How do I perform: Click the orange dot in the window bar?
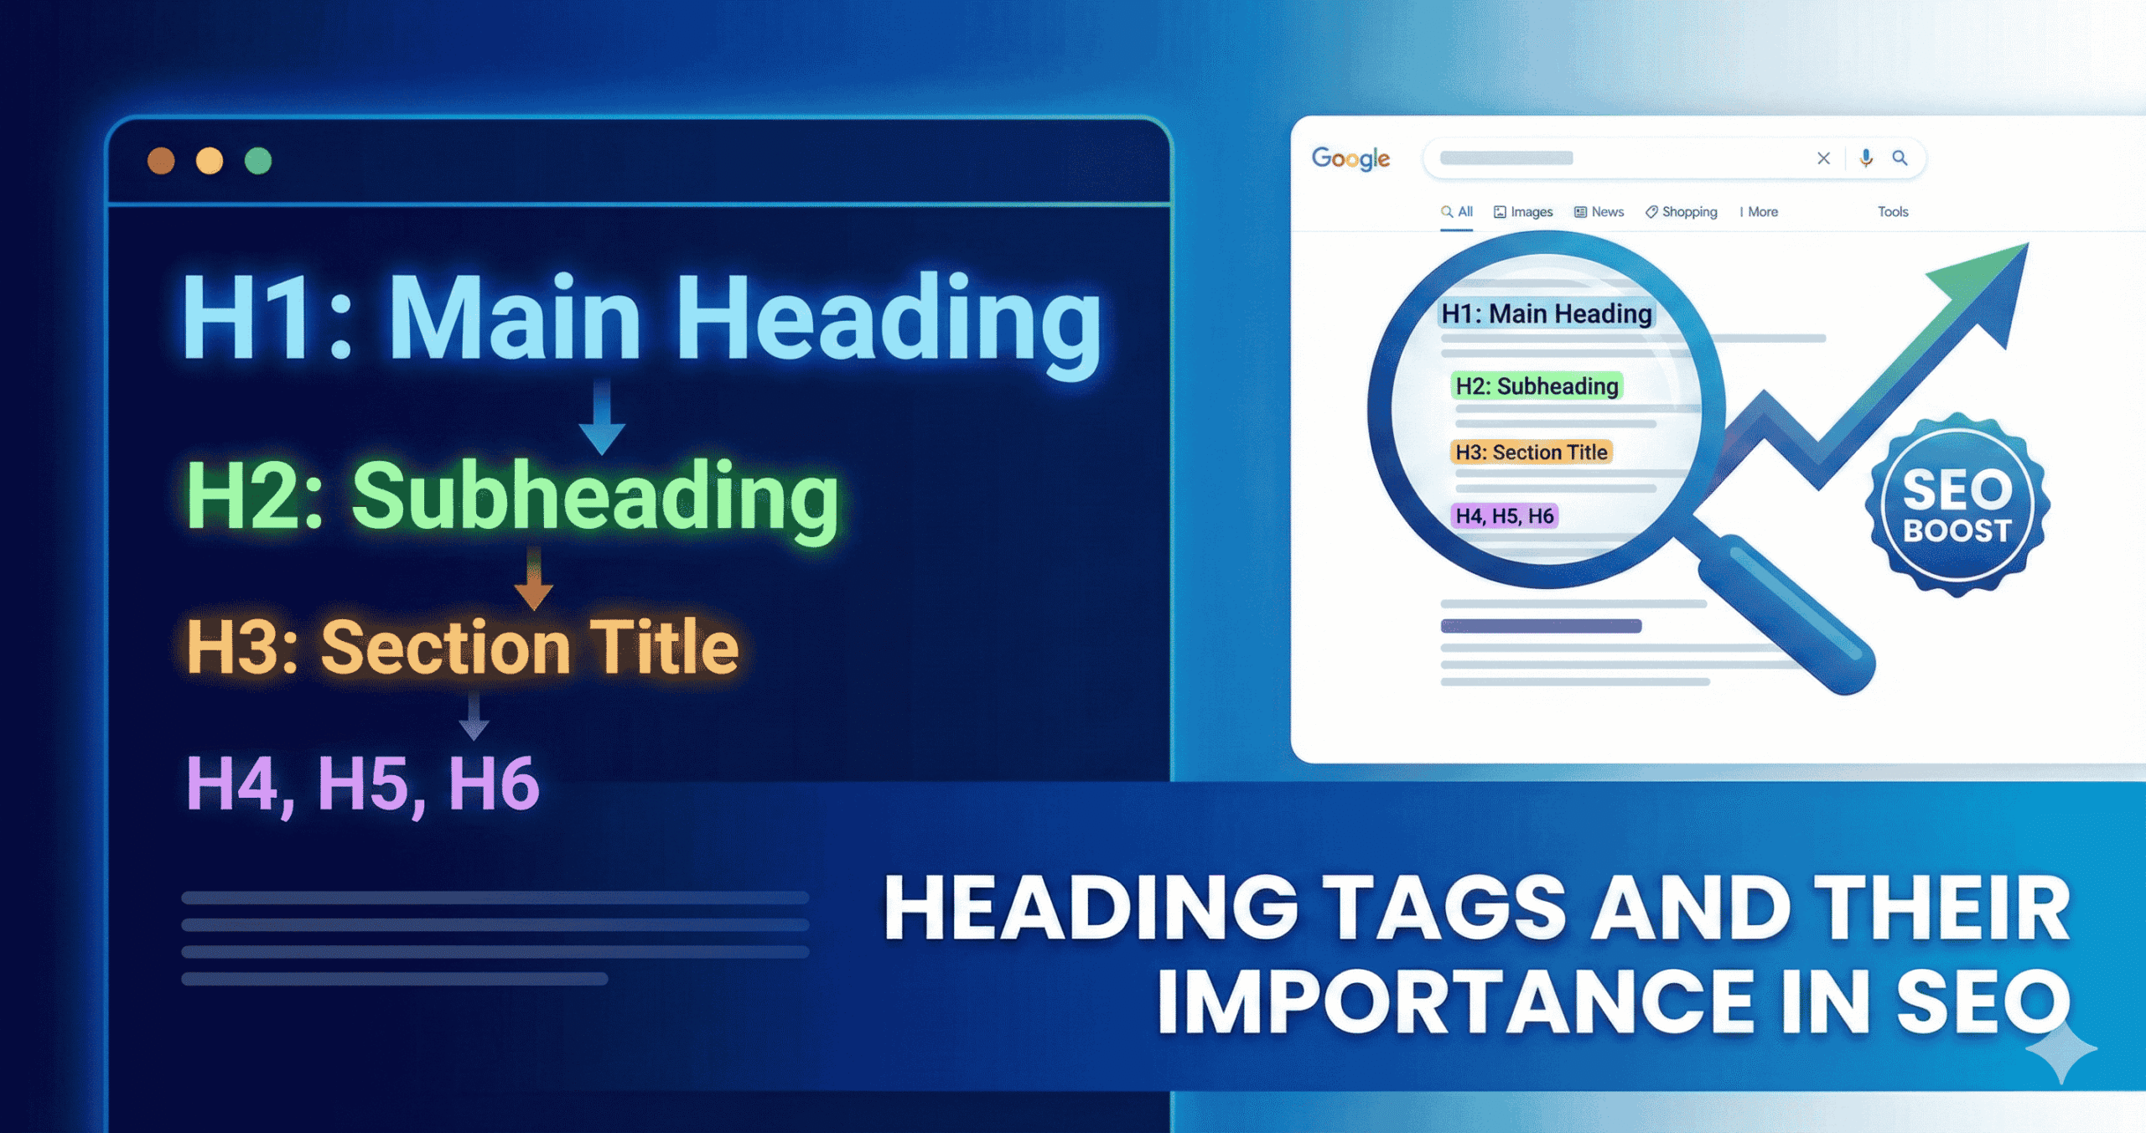click(x=161, y=160)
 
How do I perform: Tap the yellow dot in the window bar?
click(x=210, y=160)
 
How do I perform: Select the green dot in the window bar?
click(x=258, y=160)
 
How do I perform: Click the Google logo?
click(x=1350, y=158)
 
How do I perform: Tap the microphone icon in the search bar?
click(x=1866, y=158)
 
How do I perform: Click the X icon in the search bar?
click(x=1823, y=158)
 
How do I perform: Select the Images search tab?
click(x=1523, y=212)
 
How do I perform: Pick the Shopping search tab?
click(x=1681, y=212)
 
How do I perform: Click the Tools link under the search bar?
click(x=1893, y=212)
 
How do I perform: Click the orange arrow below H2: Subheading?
click(x=533, y=580)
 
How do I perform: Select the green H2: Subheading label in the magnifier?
click(x=1537, y=385)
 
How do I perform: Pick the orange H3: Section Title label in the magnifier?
click(x=1531, y=453)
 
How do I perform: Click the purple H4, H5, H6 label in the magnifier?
click(x=1505, y=516)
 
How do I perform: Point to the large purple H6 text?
click(x=494, y=784)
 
